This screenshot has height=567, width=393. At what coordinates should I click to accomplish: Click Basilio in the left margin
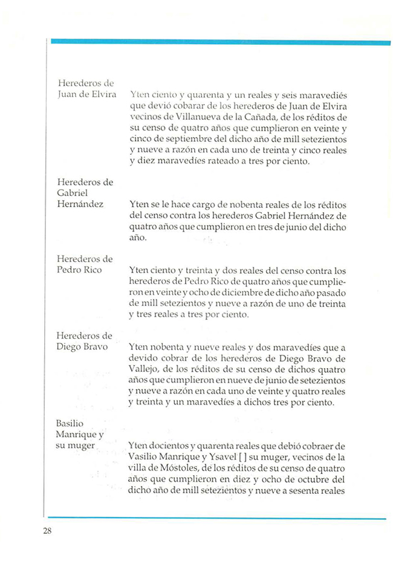(70, 424)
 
